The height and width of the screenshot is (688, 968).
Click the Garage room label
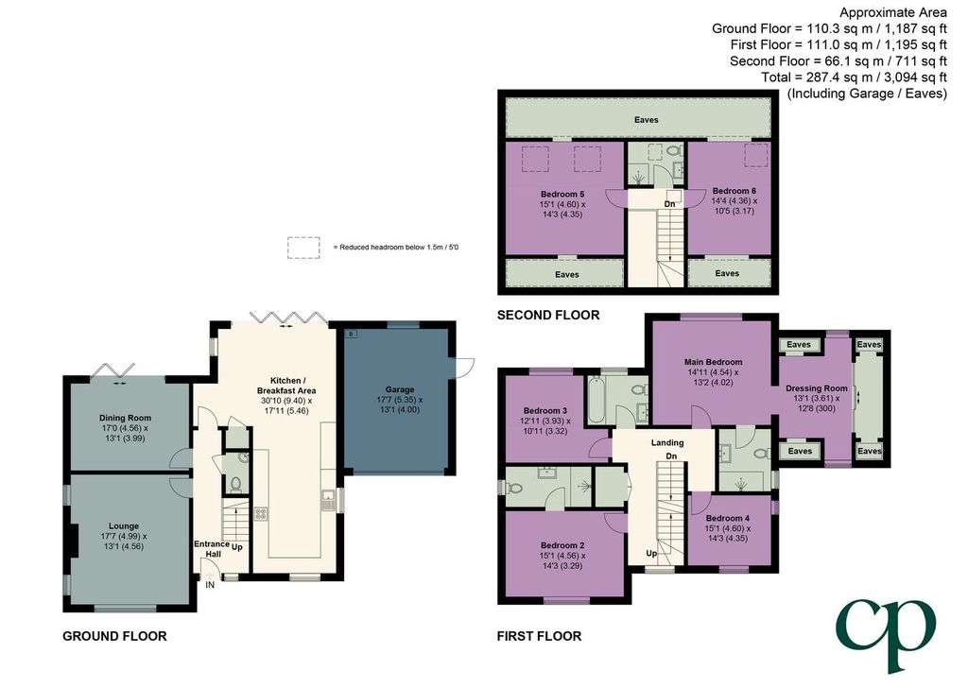(x=400, y=389)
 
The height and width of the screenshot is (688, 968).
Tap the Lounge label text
(x=124, y=526)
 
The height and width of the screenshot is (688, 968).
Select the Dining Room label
(x=126, y=418)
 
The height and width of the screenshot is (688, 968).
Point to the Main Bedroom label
(x=713, y=362)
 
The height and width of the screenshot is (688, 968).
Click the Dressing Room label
(x=816, y=388)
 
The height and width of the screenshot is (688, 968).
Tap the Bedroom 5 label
(x=562, y=194)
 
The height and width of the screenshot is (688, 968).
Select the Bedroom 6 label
(x=734, y=191)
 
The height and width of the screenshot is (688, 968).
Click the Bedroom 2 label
(x=562, y=545)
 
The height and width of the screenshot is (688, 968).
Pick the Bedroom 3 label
(x=545, y=411)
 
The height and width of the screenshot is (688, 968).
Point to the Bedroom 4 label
(x=728, y=518)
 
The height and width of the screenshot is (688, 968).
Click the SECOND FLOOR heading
(x=548, y=316)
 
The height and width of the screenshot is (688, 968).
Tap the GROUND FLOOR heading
(x=114, y=636)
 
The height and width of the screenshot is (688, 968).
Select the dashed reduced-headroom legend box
(x=303, y=248)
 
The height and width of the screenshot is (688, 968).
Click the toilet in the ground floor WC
(x=235, y=483)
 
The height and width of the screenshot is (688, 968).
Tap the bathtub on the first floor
(x=596, y=401)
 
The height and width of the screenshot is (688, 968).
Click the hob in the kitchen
(x=261, y=514)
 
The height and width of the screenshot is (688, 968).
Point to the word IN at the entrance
(x=210, y=585)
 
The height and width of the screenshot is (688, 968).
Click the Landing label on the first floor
(x=667, y=442)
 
